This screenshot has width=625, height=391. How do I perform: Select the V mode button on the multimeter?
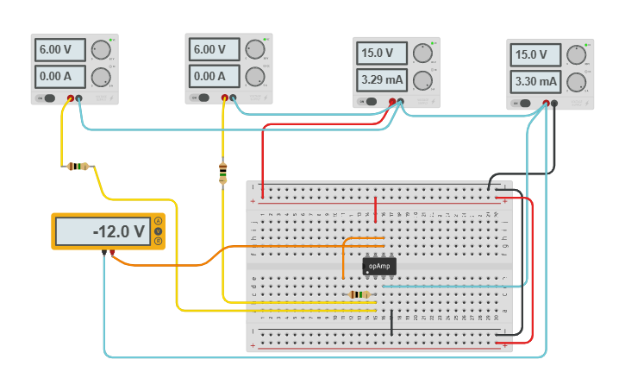158,231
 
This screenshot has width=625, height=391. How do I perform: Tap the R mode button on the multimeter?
158,241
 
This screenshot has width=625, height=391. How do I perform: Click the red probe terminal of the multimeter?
113,253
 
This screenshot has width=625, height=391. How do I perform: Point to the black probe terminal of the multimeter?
103,253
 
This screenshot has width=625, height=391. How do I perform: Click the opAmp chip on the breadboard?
379,266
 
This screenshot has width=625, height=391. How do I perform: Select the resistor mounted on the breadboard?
360,294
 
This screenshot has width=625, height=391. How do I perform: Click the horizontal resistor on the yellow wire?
78,166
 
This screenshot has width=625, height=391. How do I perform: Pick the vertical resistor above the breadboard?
223,173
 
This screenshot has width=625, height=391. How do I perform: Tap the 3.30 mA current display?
535,82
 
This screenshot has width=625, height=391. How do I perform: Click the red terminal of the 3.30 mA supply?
546,104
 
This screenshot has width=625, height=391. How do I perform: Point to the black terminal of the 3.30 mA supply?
554,104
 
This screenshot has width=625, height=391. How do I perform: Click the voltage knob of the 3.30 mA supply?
576,54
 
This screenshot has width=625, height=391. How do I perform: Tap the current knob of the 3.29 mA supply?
422,81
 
